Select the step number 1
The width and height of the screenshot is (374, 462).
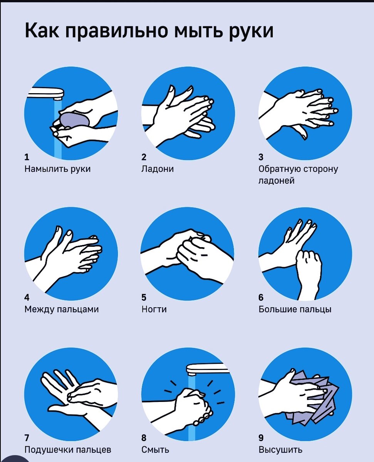click(x=27, y=157)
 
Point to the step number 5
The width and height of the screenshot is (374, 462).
click(x=144, y=297)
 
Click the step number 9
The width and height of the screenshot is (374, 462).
click(x=261, y=438)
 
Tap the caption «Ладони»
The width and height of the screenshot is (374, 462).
click(x=158, y=169)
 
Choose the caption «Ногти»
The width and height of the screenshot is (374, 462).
click(x=154, y=309)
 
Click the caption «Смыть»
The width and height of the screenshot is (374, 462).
click(x=155, y=450)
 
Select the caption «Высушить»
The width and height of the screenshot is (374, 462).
click(x=280, y=450)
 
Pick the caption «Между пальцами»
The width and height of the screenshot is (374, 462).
click(x=61, y=310)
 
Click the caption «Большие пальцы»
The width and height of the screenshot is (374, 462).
click(x=295, y=310)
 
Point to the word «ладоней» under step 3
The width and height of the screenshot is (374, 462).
click(x=277, y=181)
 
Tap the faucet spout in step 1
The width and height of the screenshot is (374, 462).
click(x=47, y=93)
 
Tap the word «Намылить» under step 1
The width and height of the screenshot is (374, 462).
click(x=46, y=169)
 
